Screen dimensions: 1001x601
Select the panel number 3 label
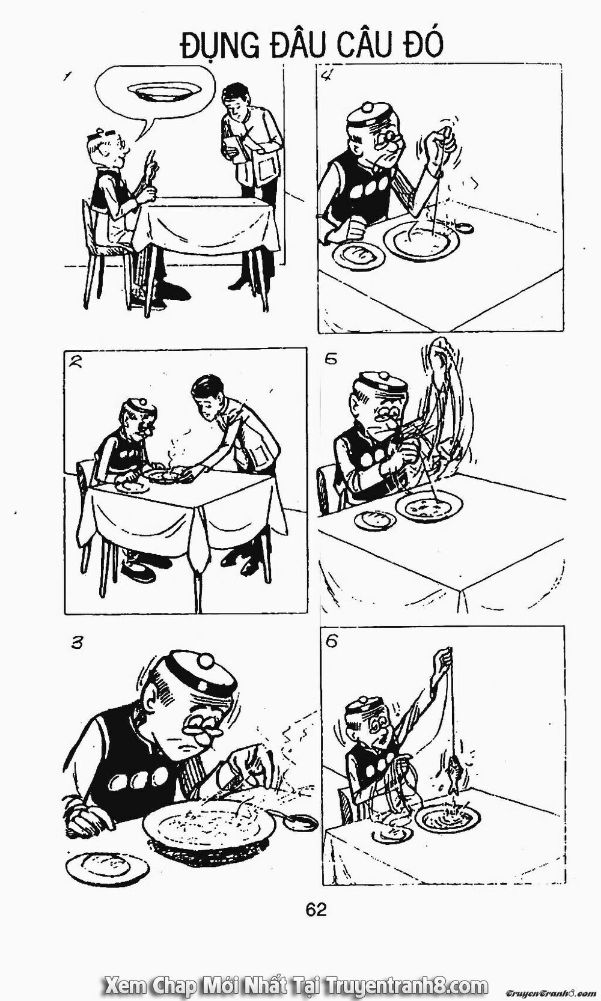[x=76, y=643]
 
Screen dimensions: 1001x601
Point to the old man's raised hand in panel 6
[x=444, y=657]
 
